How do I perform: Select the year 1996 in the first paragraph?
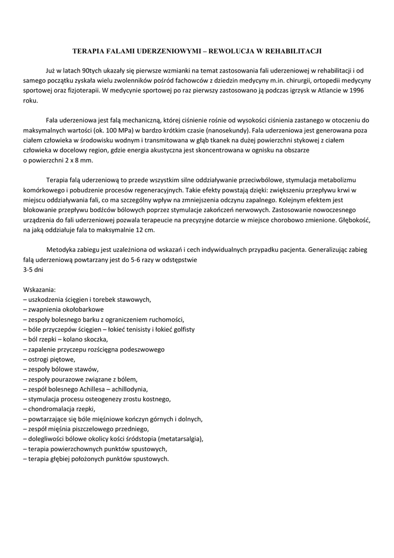tap(356, 90)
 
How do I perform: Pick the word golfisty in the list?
tap(181, 329)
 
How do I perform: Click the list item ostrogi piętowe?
tap(51, 359)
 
